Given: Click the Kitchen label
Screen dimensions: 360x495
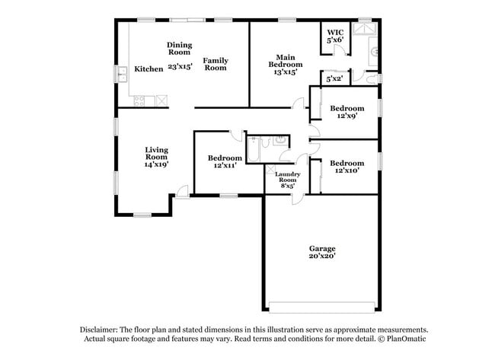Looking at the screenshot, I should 148,69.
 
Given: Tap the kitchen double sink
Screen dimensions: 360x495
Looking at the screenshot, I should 123,74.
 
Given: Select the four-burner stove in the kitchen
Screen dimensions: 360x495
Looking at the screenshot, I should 161,100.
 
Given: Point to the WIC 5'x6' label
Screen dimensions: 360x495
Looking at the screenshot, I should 335,35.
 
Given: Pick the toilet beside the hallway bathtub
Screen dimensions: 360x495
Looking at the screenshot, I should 281,141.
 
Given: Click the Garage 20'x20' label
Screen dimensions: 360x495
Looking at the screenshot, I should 322,253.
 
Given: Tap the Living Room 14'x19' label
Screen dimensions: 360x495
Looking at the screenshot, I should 157,158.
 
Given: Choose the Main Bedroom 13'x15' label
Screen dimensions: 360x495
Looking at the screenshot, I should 286,64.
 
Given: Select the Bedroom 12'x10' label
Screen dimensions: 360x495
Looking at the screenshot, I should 346,167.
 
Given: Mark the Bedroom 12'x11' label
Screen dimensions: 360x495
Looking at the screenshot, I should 225,161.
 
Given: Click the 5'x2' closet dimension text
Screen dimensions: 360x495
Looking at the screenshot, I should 334,78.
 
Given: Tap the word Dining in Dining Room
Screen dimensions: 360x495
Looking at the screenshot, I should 180,45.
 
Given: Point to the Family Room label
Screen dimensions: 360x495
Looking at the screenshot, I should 216,64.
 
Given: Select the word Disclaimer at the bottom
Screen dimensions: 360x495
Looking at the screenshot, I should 103,330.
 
